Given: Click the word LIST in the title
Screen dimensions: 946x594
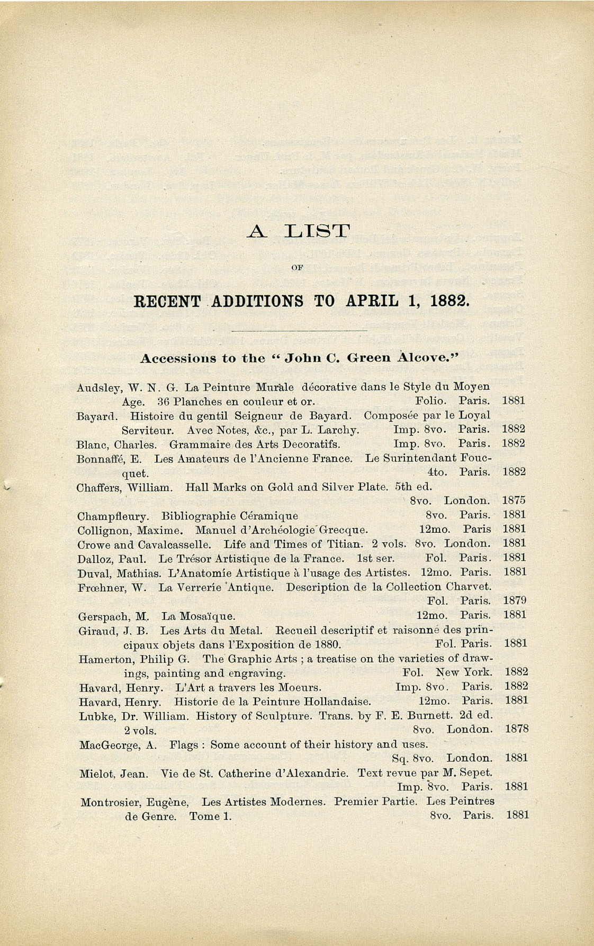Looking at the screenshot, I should (318, 231).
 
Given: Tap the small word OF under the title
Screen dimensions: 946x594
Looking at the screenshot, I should (297, 267).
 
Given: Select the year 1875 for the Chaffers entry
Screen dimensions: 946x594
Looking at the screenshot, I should (513, 500).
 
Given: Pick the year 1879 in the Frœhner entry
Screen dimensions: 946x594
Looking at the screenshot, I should (514, 601).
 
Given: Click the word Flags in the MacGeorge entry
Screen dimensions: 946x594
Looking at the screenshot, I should (183, 745).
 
